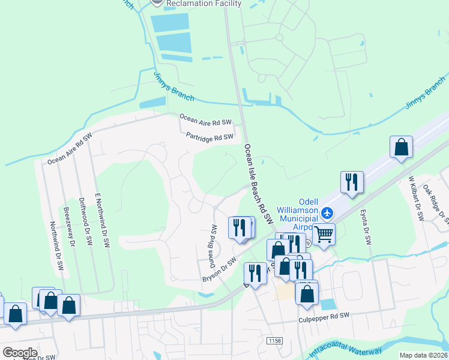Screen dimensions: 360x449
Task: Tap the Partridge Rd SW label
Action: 209,137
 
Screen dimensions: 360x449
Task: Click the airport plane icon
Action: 327,212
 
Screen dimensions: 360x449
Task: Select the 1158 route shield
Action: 274,341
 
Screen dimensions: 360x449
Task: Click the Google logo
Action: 20,352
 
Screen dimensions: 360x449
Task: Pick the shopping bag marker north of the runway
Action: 401,146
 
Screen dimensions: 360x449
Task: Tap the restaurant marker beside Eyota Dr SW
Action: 352,181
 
